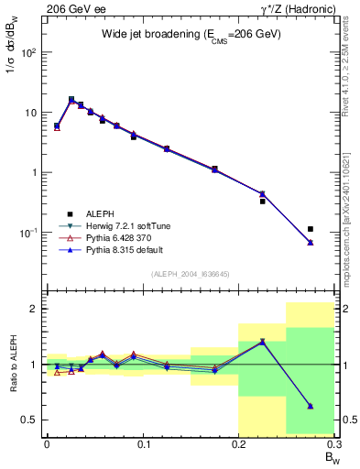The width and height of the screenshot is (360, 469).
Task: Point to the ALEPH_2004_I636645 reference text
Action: (x=191, y=274)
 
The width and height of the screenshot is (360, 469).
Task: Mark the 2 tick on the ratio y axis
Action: (x=35, y=309)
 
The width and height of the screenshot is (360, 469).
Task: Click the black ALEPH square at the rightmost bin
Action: (x=311, y=229)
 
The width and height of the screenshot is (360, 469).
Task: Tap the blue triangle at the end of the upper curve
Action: (x=311, y=242)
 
